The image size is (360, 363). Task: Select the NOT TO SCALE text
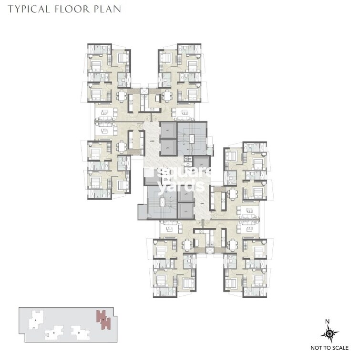[x=329, y=348]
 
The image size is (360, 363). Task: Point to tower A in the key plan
[x=36, y=321]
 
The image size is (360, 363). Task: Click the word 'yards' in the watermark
[x=176, y=187]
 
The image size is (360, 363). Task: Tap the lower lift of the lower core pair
[x=185, y=209]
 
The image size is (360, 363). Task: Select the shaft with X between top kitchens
[x=144, y=91]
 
